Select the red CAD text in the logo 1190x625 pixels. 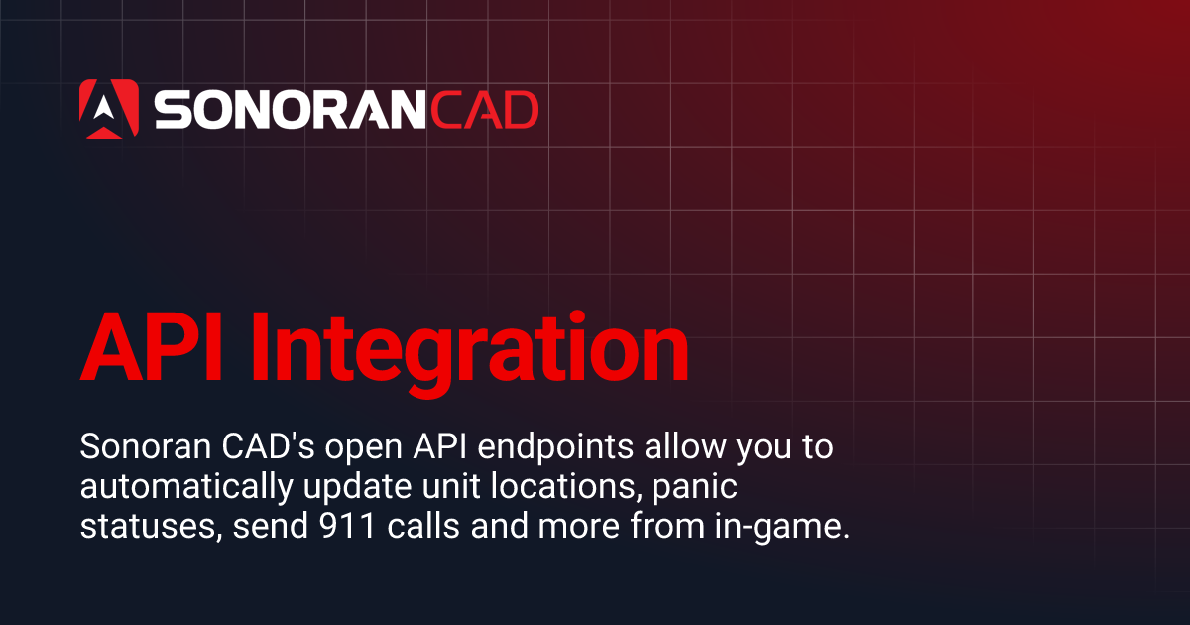point(478,110)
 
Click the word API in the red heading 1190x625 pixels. point(148,348)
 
